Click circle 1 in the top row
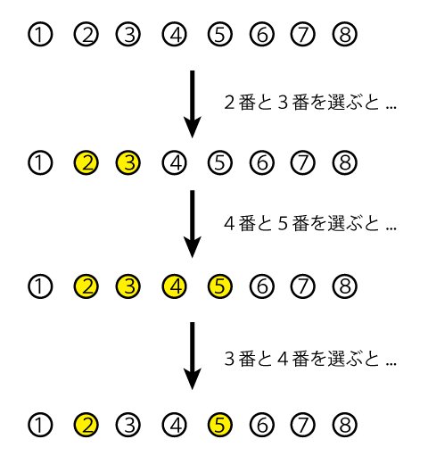point(40,34)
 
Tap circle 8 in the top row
point(345,34)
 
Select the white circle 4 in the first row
point(175,34)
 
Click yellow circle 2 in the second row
point(86,162)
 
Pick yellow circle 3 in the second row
point(128,162)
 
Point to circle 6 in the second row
point(262,162)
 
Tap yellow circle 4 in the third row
point(175,286)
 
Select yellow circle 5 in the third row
point(220,286)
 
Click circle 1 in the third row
point(40,286)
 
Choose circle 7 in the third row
point(302,286)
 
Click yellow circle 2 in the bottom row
point(86,425)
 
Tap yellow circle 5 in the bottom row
point(220,425)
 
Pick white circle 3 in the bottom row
point(128,425)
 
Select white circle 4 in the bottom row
point(175,425)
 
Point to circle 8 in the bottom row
point(345,425)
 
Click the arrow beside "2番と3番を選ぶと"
point(193,104)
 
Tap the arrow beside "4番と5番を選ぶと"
point(193,224)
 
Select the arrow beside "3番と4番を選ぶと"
point(193,356)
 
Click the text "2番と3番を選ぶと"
point(301,103)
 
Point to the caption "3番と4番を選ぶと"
point(301,359)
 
